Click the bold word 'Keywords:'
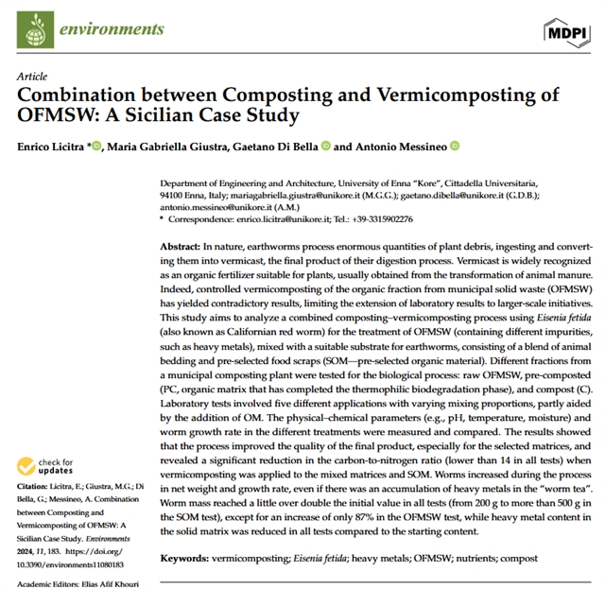tap(190, 559)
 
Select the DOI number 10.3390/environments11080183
tap(78, 562)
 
